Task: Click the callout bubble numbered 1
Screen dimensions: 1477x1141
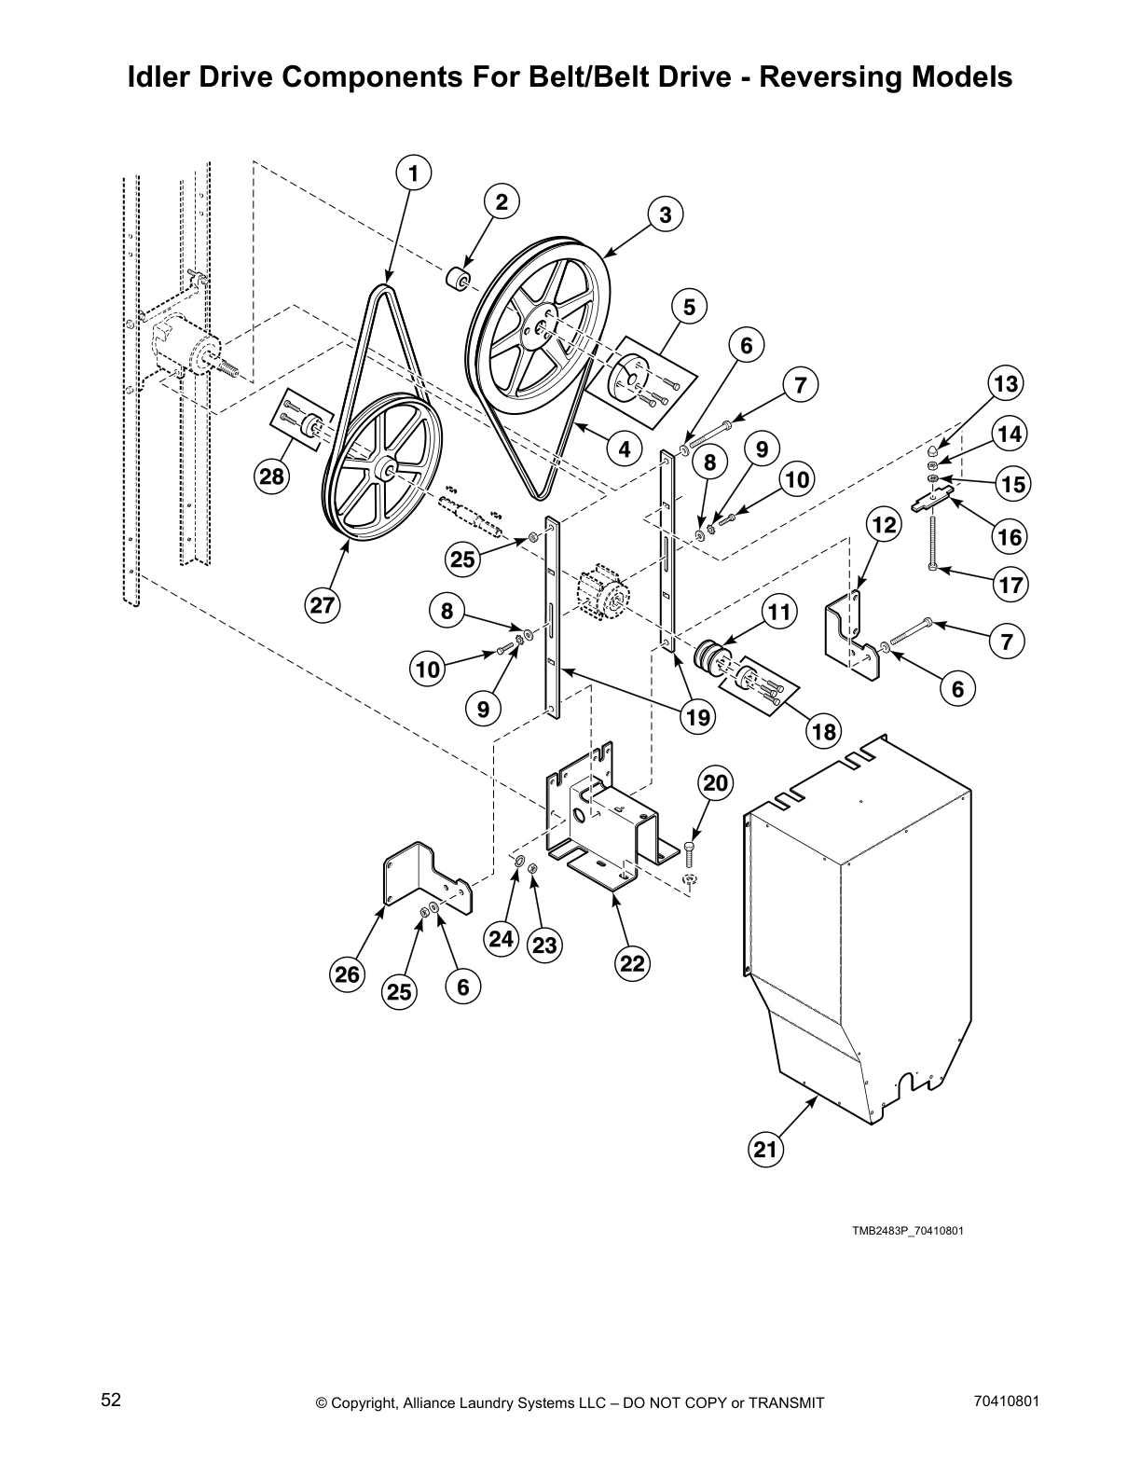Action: (414, 173)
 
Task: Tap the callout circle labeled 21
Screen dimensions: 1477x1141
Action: (764, 1150)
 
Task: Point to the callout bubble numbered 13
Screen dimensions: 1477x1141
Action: (1005, 383)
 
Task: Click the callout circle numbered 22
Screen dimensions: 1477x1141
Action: (632, 963)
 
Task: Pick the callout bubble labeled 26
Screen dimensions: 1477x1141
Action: (347, 975)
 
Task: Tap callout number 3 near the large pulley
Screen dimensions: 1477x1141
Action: (665, 215)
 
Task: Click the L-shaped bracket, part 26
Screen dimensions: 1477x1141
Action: (419, 877)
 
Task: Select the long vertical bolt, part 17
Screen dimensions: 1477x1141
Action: (931, 541)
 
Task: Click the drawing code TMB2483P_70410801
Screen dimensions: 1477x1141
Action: (906, 1230)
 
